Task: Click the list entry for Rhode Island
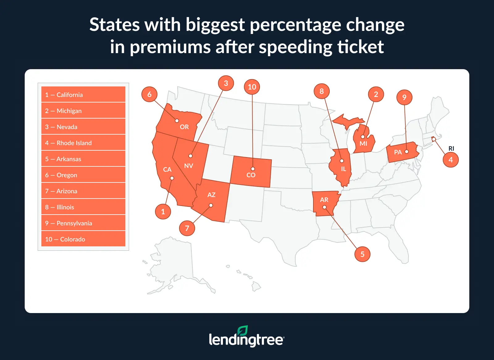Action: pos(83,143)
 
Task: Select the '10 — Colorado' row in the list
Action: pos(83,239)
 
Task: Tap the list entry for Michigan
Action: pos(83,111)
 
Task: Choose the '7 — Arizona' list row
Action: pos(83,191)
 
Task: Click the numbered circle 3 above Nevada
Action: pos(226,83)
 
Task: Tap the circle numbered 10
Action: pos(252,87)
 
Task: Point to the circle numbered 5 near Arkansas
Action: pos(362,254)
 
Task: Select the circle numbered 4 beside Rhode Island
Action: pos(450,160)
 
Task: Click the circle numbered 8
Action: pos(321,91)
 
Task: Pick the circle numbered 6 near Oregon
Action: pos(149,94)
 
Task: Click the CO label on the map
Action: pos(251,175)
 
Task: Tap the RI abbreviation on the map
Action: pos(451,149)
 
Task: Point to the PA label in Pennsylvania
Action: pos(398,152)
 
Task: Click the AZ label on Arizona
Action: pos(211,195)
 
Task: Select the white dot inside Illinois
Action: pos(341,161)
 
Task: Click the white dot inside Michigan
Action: pos(363,137)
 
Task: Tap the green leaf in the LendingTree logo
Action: pos(243,331)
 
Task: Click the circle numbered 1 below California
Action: pos(163,211)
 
